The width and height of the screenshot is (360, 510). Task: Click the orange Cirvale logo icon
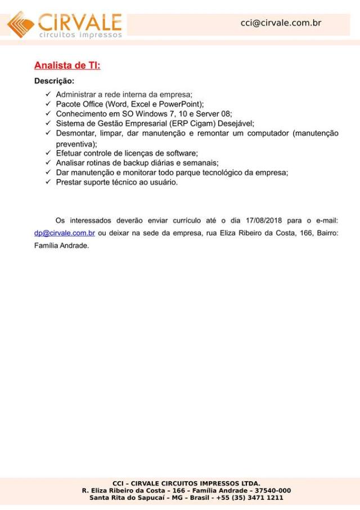pyautogui.click(x=21, y=24)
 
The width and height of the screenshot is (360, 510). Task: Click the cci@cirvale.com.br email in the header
pyautogui.click(x=280, y=23)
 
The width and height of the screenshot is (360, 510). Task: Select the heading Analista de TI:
pyautogui.click(x=67, y=66)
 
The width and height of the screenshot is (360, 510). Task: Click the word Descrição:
pyautogui.click(x=54, y=82)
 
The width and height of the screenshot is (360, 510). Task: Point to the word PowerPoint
pyautogui.click(x=179, y=104)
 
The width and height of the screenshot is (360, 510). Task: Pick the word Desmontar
pyautogui.click(x=74, y=133)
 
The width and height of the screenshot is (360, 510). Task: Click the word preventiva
pyautogui.click(x=75, y=144)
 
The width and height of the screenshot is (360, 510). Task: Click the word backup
pyautogui.click(x=135, y=163)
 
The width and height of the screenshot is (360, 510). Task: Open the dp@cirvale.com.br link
pyautogui.click(x=64, y=233)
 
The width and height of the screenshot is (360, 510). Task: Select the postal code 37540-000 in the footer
pyautogui.click(x=273, y=491)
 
